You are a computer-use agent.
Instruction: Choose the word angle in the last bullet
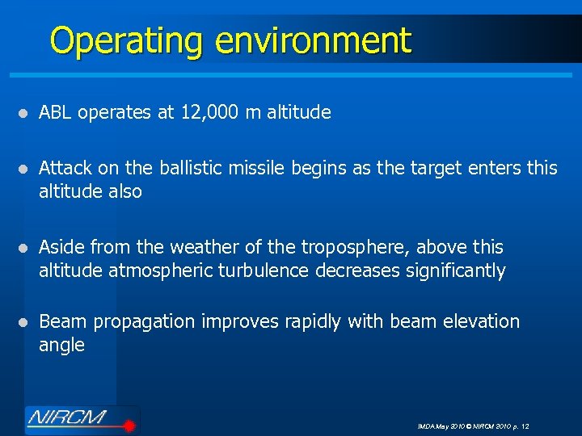click(x=61, y=346)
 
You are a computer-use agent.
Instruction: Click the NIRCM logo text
click(x=70, y=418)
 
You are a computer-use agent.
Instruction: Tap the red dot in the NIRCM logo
click(x=127, y=422)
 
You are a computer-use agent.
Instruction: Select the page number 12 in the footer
click(x=525, y=426)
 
